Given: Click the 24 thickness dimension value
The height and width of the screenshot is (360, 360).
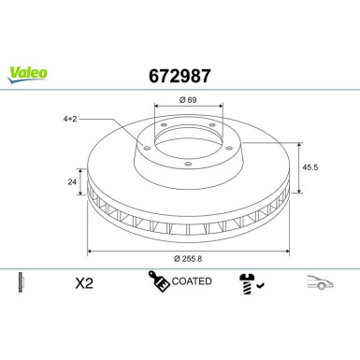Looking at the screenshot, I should point(71,184).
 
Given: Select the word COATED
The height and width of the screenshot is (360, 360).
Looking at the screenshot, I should point(193,281).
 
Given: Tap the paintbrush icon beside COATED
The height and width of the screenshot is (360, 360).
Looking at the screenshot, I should point(156,281).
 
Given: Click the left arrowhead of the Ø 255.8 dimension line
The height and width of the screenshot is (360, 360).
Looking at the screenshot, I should point(90,252).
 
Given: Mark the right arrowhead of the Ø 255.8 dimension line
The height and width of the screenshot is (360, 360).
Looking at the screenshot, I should point(284,252).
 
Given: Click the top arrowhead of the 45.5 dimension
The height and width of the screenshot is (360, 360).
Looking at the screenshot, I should point(297,144).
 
